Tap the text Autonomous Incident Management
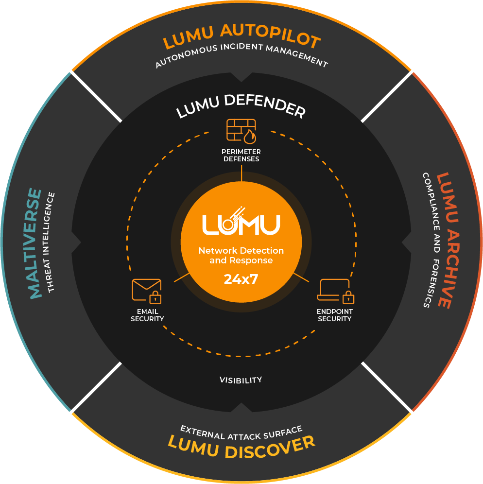point(241,55)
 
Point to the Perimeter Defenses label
point(241,156)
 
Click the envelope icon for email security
point(146,290)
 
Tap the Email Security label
point(147,315)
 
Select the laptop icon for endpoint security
point(335,290)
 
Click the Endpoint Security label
point(335,315)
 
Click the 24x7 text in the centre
point(241,279)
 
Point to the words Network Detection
point(241,251)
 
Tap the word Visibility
point(241,380)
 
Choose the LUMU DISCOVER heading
point(241,446)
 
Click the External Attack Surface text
point(241,431)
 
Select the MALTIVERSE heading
point(35,243)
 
